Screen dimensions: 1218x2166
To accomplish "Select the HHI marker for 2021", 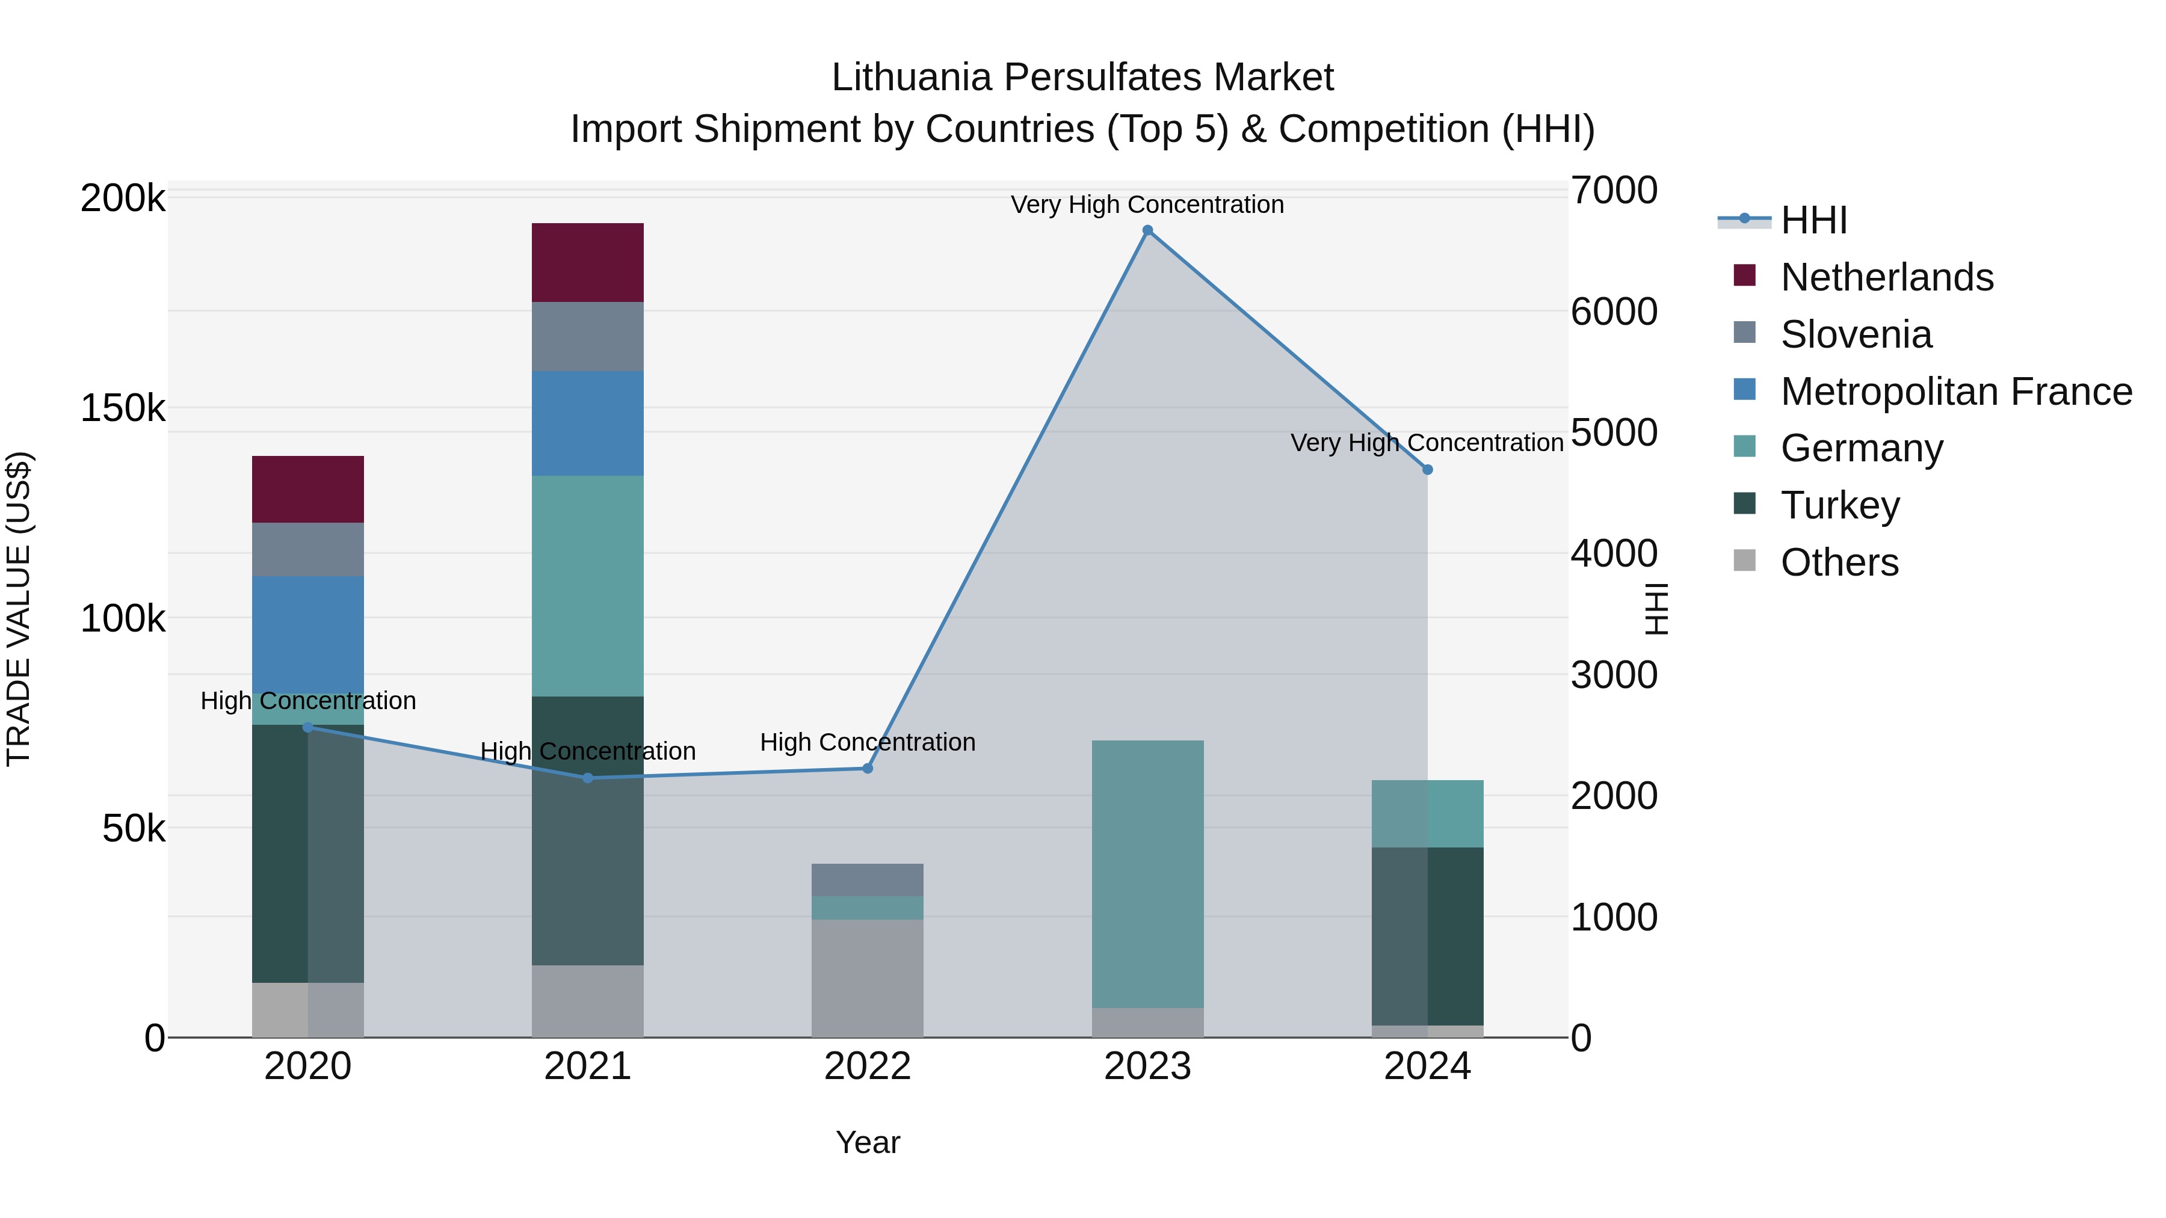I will [588, 778].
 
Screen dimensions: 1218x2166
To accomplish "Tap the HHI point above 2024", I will [1427, 470].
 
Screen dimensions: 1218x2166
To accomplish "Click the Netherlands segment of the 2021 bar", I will [588, 262].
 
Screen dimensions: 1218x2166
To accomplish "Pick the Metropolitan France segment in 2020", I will [307, 635].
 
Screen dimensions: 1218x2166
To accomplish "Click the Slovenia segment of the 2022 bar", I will [867, 879].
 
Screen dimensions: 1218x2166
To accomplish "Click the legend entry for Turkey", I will [1840, 505].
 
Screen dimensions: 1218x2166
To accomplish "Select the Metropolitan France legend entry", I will [1956, 392].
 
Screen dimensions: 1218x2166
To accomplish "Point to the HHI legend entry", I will [1813, 220].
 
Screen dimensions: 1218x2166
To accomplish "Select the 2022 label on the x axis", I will [867, 1066].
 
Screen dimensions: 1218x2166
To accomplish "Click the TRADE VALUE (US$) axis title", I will [19, 609].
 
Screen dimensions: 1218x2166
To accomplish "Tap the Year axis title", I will [867, 1142].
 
